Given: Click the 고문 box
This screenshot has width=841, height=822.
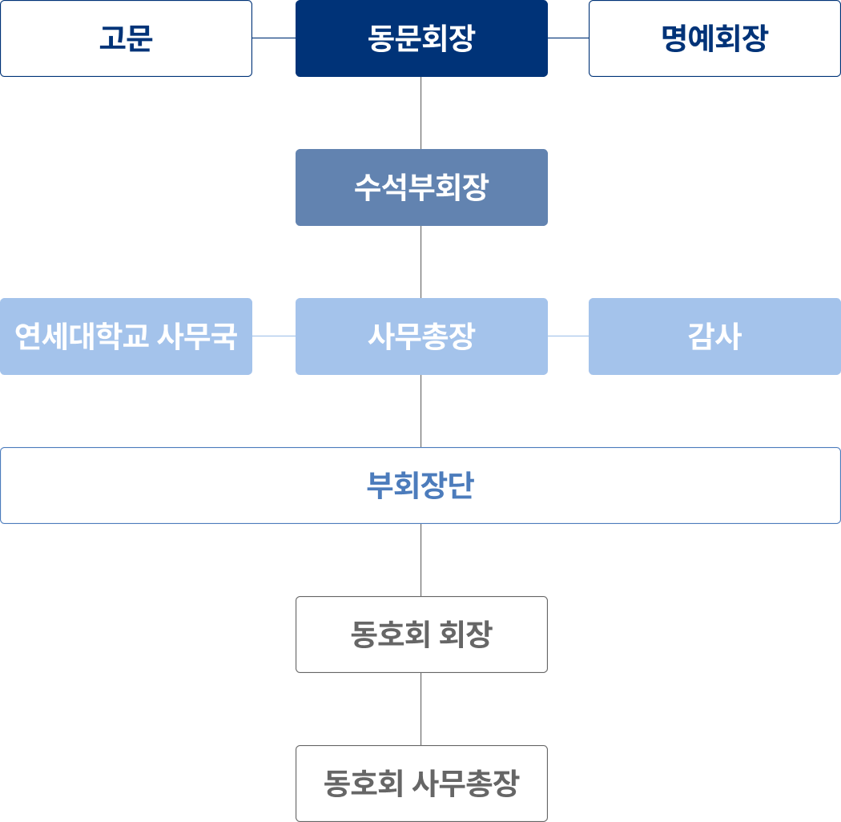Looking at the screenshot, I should click(126, 38).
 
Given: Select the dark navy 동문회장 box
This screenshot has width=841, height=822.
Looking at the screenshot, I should click(421, 38).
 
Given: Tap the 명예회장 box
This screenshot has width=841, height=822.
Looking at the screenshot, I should click(714, 38).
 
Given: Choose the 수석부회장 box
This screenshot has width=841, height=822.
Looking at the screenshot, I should click(421, 187).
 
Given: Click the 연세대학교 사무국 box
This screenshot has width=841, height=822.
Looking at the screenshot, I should click(126, 336).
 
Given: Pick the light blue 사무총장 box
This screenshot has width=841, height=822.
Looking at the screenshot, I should click(421, 336).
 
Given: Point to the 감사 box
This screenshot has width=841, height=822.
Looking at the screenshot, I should click(714, 336).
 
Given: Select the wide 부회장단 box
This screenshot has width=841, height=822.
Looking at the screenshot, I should click(420, 486).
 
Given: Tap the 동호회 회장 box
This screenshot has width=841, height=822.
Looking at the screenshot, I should click(421, 635).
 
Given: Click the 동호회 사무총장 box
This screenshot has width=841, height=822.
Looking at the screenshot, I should click(421, 784).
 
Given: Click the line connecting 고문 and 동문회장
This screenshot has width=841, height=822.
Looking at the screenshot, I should click(274, 38).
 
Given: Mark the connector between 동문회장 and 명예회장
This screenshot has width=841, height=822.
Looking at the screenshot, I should click(569, 38).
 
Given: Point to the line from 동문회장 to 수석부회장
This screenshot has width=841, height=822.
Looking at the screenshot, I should click(421, 113).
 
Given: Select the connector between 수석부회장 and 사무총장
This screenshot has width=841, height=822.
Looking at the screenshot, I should click(421, 262).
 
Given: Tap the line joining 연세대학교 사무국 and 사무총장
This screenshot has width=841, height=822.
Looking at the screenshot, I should click(274, 336).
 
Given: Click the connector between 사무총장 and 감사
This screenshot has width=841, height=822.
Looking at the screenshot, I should click(569, 336).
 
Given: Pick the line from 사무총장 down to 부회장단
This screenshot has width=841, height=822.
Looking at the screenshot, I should click(421, 411).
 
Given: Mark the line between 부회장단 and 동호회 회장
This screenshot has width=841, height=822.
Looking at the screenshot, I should click(421, 560).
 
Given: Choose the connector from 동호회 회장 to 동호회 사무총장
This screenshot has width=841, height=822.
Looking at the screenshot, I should click(421, 709).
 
